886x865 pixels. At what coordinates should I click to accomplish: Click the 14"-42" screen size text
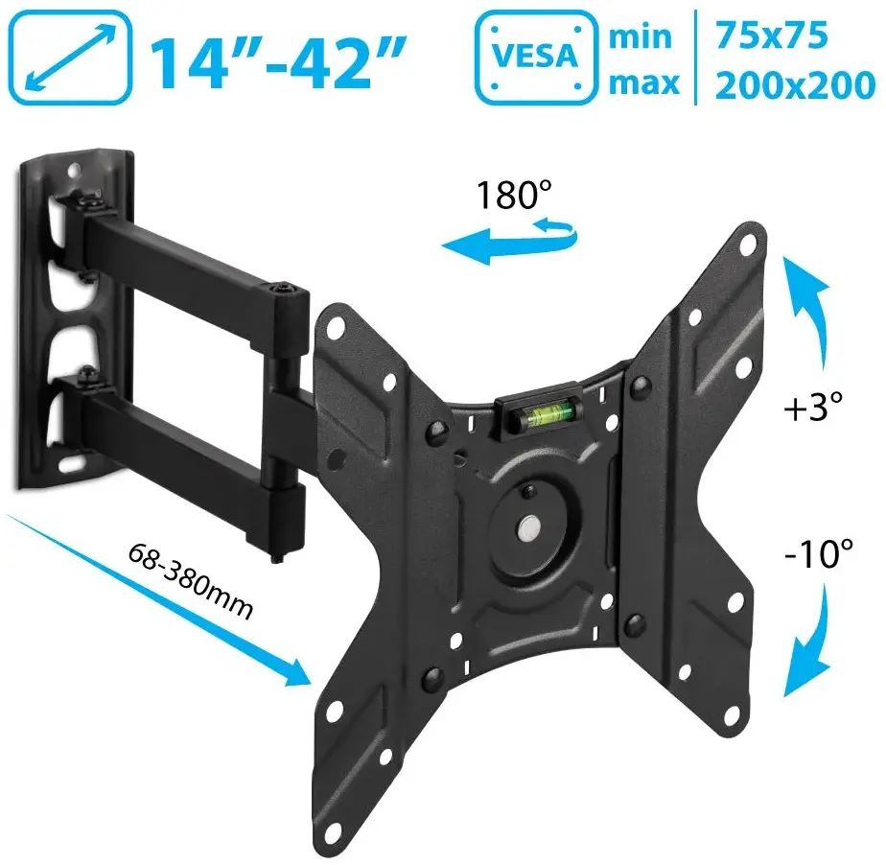278,61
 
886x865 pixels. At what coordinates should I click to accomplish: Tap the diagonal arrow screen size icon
70,58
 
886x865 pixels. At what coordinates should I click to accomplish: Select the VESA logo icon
536,58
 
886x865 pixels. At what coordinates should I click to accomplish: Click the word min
641,36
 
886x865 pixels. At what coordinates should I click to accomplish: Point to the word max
644,83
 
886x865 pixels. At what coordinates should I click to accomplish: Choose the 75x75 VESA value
772,35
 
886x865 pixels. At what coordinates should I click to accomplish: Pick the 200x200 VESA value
795,85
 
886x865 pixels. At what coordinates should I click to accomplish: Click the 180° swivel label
514,195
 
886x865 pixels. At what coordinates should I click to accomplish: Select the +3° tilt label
813,407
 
